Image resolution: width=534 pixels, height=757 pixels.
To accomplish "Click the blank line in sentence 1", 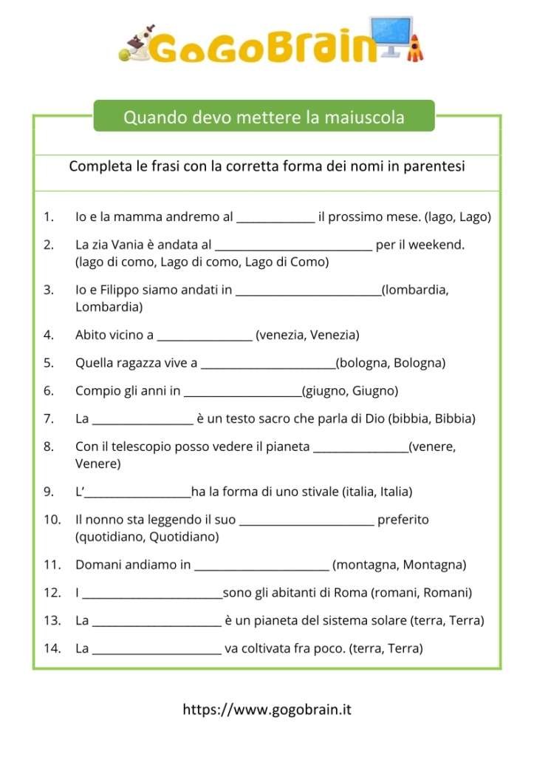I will point(275,217).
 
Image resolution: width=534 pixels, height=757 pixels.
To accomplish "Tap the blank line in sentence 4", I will point(205,336).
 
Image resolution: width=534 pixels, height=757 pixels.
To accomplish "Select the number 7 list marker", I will point(48,418).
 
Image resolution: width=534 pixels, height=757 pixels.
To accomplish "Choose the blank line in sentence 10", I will point(307,520).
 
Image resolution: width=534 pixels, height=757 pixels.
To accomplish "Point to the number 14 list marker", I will point(51,648).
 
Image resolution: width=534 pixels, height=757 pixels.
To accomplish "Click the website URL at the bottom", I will point(267,710).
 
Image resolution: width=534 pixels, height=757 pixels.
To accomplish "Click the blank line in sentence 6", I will point(242,391).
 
